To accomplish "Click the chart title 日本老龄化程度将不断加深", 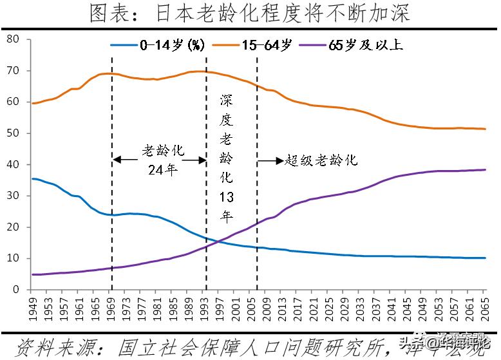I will click(250, 14).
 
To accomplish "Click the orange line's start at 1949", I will click(32, 103).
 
